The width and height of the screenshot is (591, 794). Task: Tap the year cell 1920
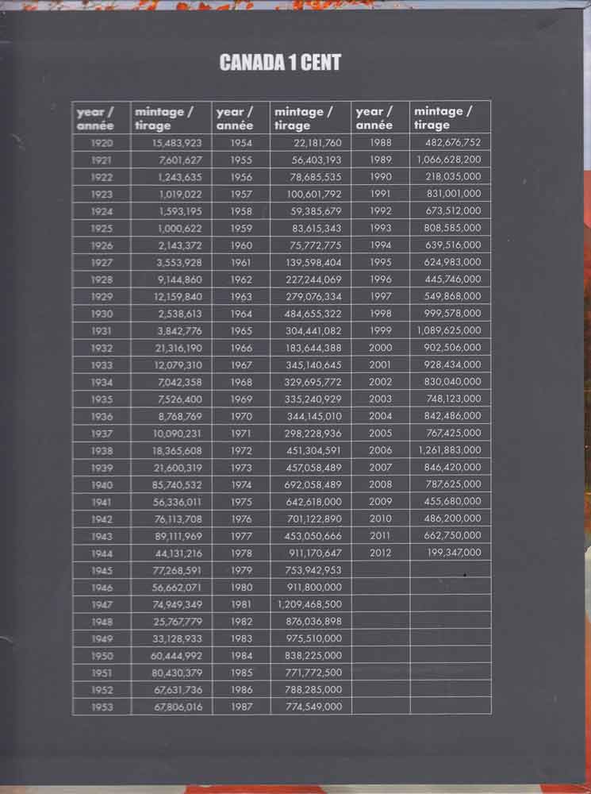point(102,143)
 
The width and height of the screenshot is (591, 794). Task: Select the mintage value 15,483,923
point(177,143)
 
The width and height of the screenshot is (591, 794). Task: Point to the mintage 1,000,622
point(180,228)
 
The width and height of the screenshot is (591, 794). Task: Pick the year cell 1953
point(102,707)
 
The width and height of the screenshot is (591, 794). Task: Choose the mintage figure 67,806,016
point(178,707)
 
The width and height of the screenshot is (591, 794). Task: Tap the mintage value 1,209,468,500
point(309,604)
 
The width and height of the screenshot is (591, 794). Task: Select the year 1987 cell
point(241,707)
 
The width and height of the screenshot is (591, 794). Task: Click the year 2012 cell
point(381,553)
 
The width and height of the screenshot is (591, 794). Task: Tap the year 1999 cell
point(381,330)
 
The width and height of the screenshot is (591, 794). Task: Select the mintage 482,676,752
point(453,143)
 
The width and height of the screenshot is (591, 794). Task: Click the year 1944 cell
point(102,553)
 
